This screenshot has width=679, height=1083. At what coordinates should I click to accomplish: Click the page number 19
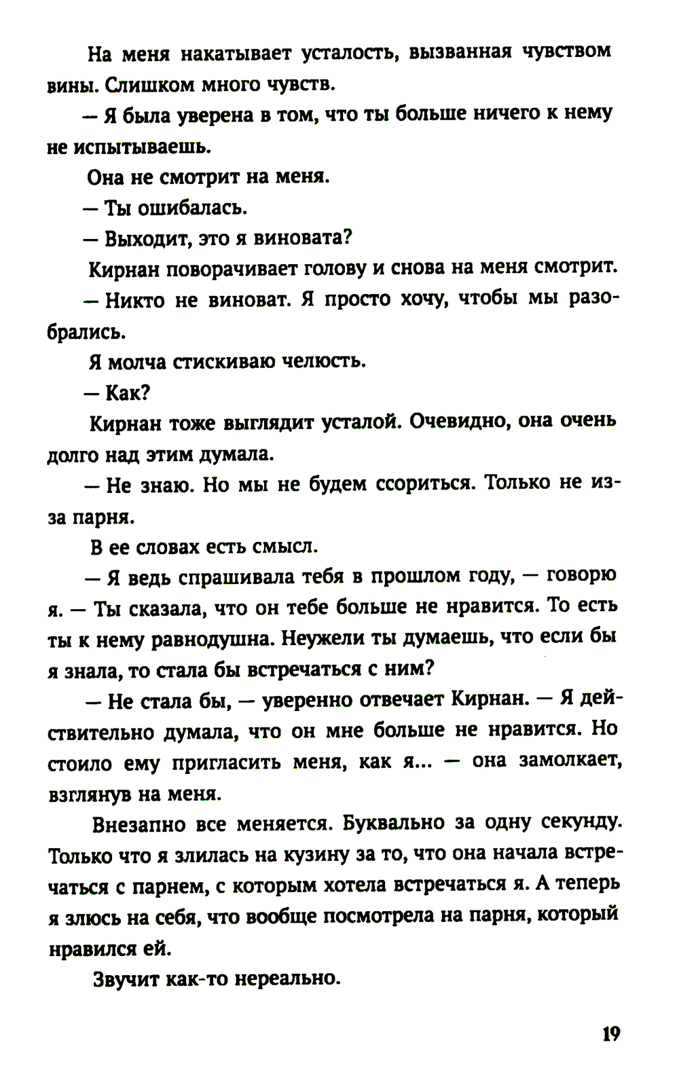point(610,1035)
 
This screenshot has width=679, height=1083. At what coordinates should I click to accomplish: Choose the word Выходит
point(143,239)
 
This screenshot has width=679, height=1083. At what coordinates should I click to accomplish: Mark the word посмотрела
point(377,917)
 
